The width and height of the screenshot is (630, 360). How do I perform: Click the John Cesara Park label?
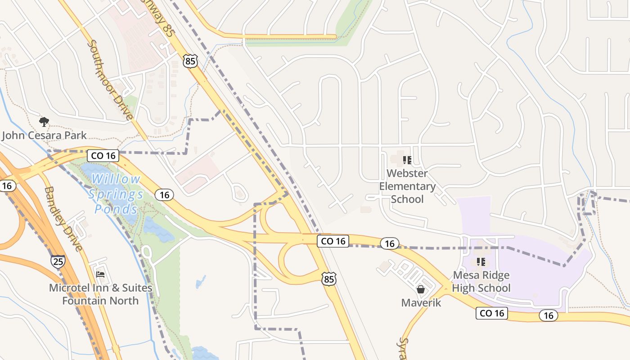(x=45, y=135)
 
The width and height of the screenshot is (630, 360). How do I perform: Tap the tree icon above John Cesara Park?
(x=44, y=121)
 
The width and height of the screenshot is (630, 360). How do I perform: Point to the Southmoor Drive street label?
(x=111, y=81)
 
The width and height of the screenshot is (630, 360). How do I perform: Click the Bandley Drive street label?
(x=63, y=219)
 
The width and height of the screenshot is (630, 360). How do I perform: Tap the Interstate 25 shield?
(x=58, y=261)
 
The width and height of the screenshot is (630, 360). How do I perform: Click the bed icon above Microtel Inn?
(x=100, y=274)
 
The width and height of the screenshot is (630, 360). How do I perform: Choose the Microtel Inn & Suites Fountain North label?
(x=100, y=294)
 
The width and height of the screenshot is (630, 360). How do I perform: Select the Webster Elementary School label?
(x=407, y=186)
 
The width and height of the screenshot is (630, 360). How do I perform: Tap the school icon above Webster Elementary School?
(x=407, y=160)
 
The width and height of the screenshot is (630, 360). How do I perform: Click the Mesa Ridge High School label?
(x=481, y=281)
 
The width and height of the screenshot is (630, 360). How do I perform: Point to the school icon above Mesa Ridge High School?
(x=481, y=261)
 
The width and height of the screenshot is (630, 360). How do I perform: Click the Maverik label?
(x=421, y=303)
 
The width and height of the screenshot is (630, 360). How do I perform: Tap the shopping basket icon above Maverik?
(x=421, y=289)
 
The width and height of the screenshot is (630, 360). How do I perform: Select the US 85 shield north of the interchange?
(x=190, y=61)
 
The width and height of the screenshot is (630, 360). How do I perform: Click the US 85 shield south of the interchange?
(x=329, y=279)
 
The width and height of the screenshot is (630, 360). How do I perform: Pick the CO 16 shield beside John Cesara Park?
(x=103, y=156)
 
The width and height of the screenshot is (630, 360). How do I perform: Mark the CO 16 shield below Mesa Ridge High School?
(x=492, y=313)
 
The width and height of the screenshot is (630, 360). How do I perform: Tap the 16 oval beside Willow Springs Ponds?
(x=164, y=194)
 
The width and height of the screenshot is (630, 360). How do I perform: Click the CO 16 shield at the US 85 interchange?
(x=333, y=241)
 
